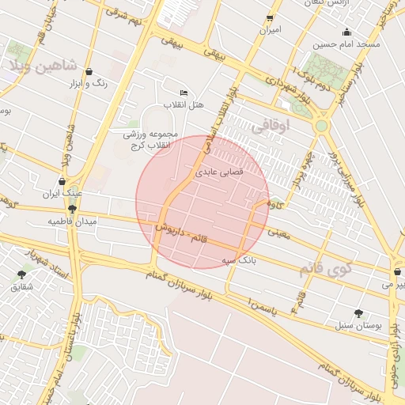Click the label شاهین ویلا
[44, 66]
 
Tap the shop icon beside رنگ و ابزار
[88, 71]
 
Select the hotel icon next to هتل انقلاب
[184, 93]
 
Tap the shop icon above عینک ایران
[62, 181]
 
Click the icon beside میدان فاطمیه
[72, 210]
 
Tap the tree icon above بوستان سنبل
[359, 312]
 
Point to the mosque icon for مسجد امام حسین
[346, 32]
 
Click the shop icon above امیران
[270, 18]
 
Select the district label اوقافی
[271, 125]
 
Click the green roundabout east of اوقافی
[321, 126]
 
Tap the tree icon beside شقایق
[21, 274]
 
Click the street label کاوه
[275, 206]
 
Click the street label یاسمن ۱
[263, 303]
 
